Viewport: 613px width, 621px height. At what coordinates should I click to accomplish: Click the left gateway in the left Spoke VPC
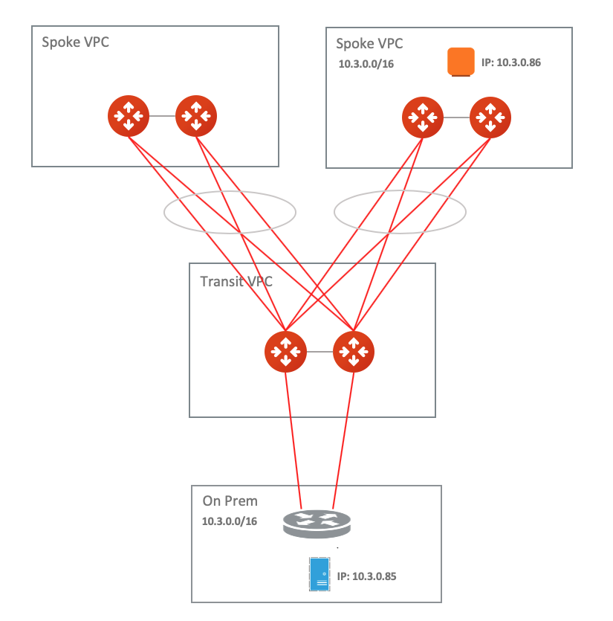129,116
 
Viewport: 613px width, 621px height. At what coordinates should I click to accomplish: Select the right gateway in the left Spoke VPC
196,116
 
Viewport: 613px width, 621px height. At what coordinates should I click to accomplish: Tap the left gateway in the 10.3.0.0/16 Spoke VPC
422,117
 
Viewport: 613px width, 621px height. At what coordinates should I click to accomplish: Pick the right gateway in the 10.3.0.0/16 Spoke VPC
490,117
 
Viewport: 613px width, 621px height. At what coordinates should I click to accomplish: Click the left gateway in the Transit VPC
285,351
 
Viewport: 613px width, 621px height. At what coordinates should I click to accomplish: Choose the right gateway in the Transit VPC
354,351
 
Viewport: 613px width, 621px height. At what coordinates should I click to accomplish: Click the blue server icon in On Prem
320,574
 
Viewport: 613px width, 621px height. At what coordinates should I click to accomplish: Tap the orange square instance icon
461,62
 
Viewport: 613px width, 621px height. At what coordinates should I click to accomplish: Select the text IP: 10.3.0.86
510,62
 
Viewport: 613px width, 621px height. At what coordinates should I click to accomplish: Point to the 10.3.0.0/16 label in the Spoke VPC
366,64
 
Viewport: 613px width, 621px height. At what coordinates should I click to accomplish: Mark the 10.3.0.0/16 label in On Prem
230,521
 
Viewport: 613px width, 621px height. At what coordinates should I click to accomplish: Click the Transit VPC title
236,282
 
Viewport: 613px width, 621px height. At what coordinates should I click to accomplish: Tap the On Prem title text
230,502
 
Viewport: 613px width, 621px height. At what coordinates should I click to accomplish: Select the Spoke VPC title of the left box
76,42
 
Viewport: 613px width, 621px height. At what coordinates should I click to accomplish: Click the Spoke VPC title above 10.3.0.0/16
369,44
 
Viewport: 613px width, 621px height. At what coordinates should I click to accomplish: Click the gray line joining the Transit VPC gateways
320,351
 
